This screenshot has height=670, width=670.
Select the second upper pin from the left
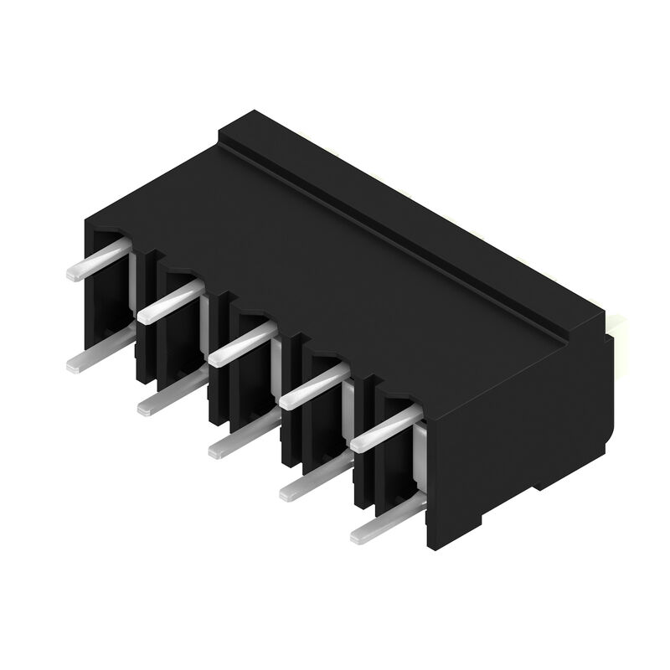(x=171, y=302)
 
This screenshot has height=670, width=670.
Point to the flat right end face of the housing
(x=519, y=444)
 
